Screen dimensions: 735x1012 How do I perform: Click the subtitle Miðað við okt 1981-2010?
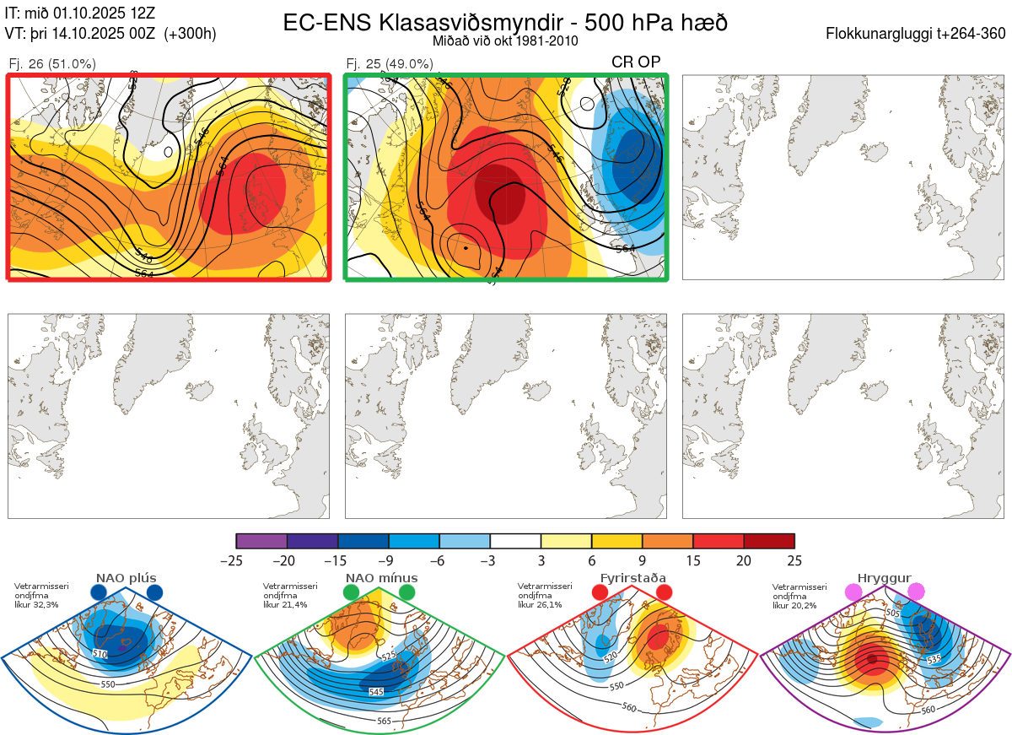coord(504,41)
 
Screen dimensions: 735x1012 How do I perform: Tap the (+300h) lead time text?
coord(191,34)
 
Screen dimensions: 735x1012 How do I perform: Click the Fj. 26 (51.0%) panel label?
coord(52,63)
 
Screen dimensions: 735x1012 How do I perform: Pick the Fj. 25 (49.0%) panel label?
coord(390,63)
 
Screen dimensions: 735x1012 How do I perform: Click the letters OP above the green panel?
coord(649,62)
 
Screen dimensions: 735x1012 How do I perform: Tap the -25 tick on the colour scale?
coord(236,560)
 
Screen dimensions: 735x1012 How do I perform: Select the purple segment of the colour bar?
coord(261,541)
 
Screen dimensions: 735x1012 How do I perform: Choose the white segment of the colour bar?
coord(515,541)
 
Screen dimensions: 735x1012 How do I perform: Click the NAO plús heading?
coord(126,578)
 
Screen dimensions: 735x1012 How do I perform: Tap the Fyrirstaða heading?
coord(632,578)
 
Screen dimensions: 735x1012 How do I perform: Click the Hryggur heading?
coord(885,578)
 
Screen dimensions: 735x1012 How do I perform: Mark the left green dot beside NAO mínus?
coord(351,593)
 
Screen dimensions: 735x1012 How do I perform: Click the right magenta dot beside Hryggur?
coord(916,592)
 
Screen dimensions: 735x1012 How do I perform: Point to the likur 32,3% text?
coord(35,605)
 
